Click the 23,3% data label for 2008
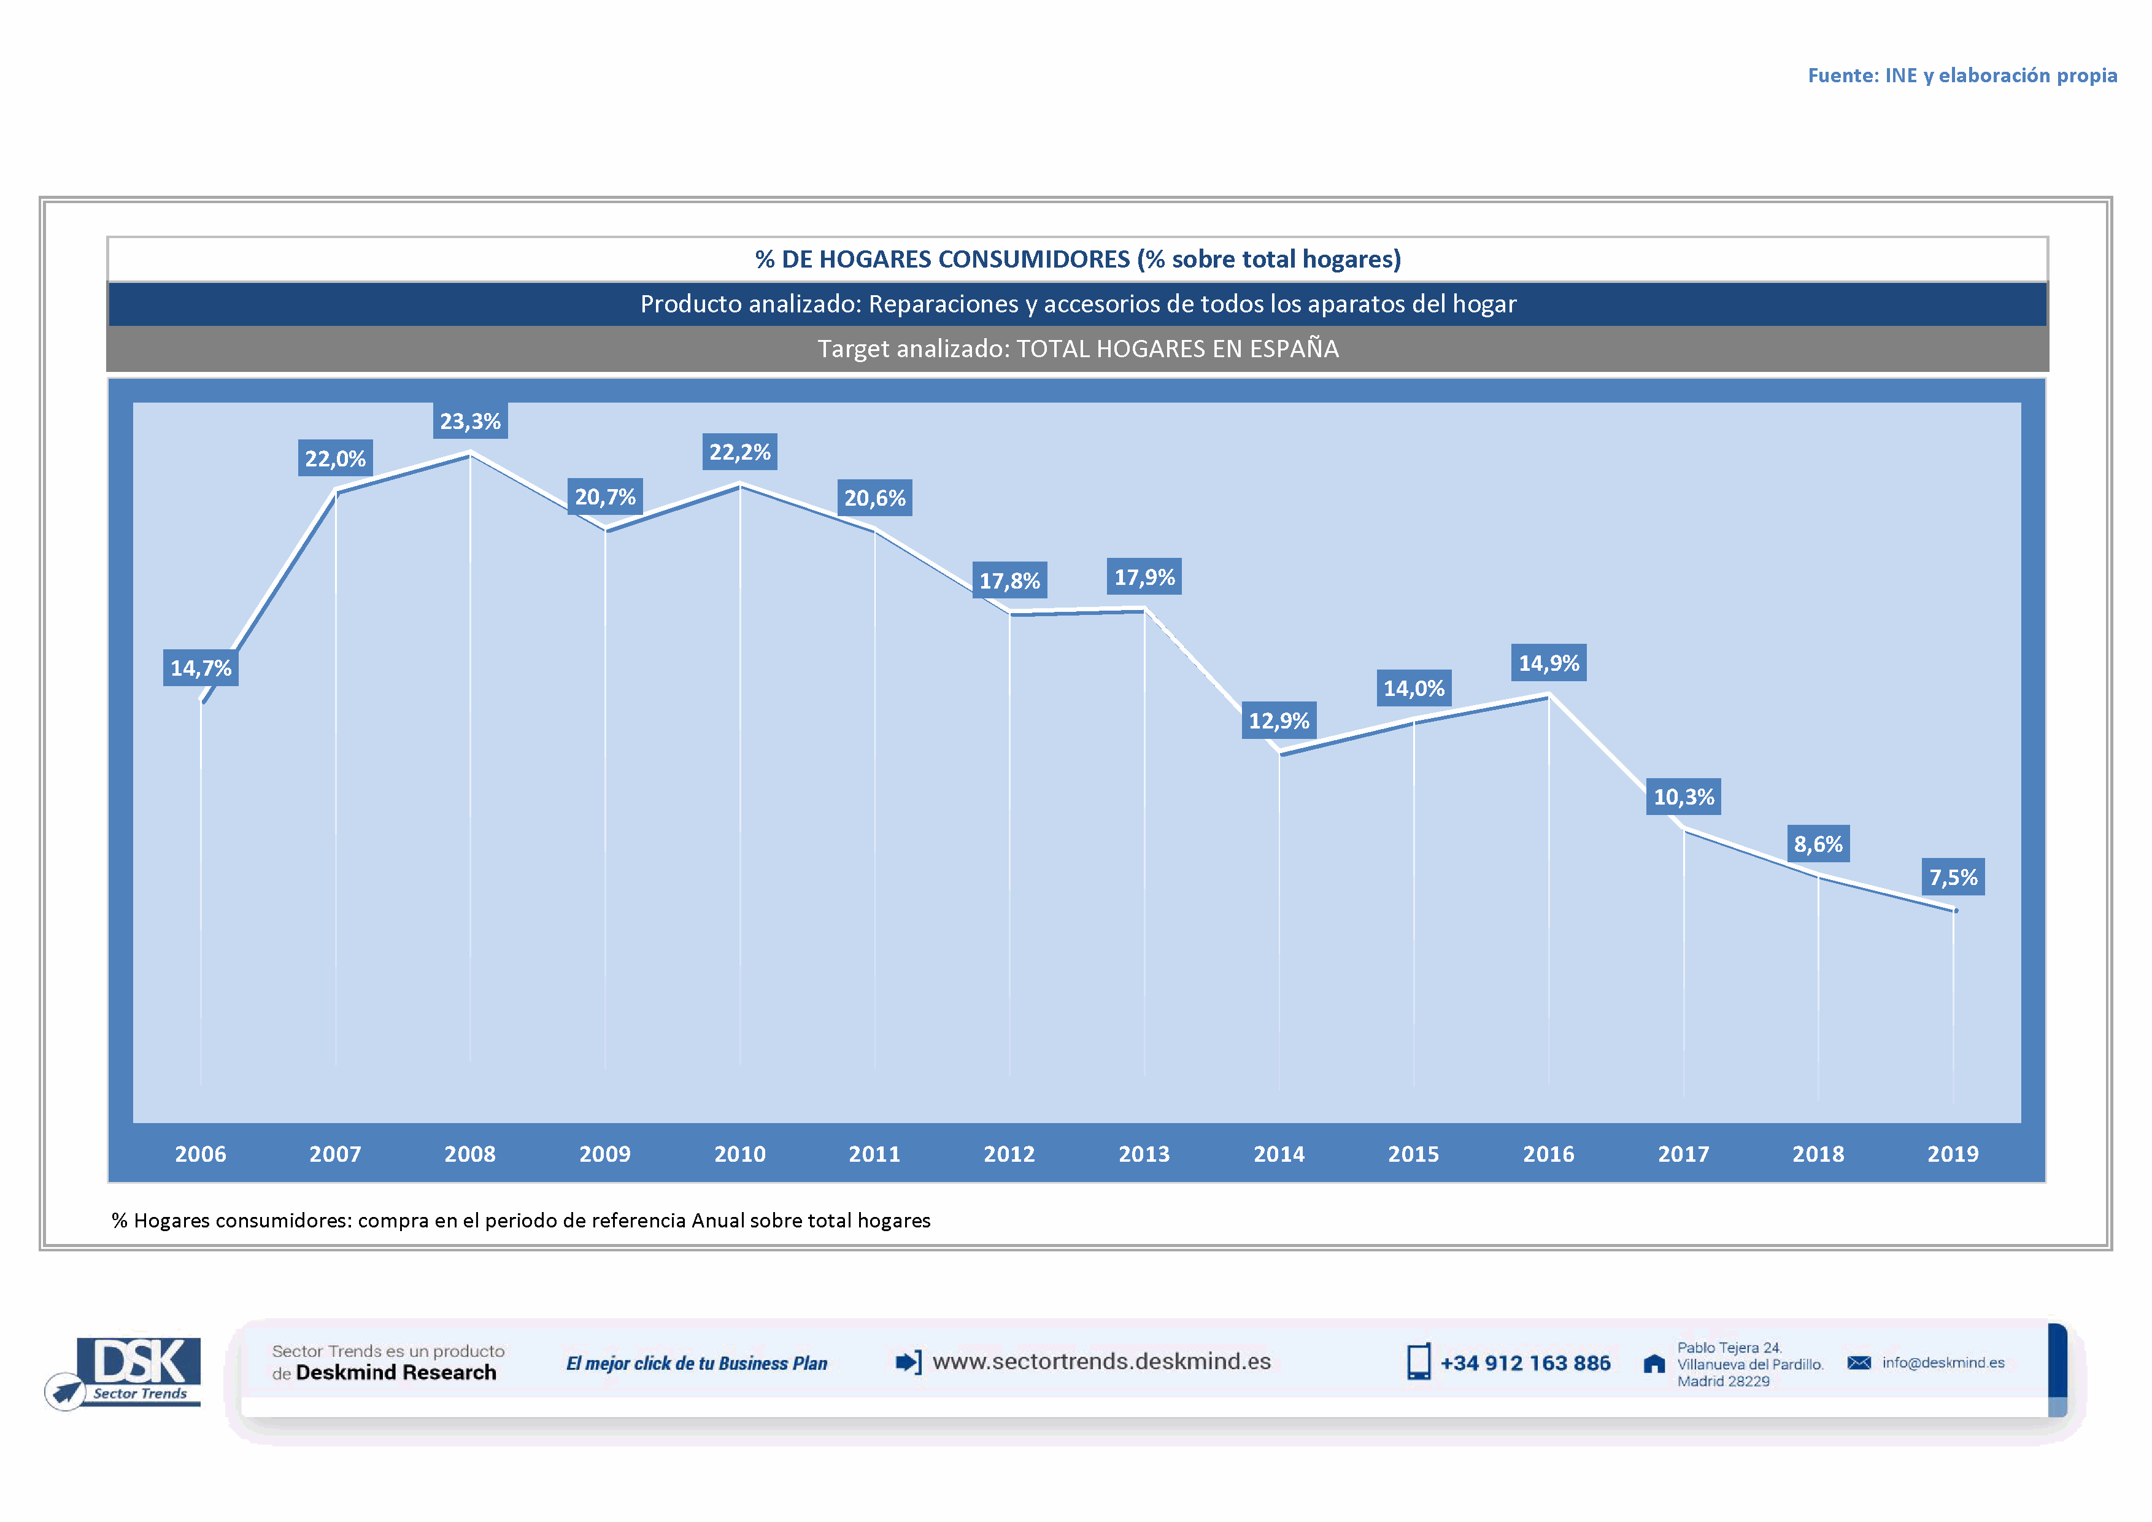click(471, 422)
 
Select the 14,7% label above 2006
click(201, 668)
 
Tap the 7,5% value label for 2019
click(1953, 877)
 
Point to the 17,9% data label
click(1144, 578)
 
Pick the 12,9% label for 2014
click(1279, 720)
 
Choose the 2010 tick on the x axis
click(739, 1154)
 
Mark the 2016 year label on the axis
click(1548, 1154)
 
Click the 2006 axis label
click(201, 1154)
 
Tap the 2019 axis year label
click(1953, 1154)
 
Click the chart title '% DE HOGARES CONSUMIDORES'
click(1078, 260)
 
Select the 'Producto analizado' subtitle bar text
click(1078, 304)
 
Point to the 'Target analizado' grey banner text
click(1078, 349)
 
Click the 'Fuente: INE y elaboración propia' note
click(1962, 75)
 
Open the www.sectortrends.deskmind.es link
click(1101, 1362)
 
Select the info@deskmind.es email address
click(1943, 1362)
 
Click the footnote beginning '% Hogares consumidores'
click(521, 1220)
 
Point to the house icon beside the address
click(1654, 1364)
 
